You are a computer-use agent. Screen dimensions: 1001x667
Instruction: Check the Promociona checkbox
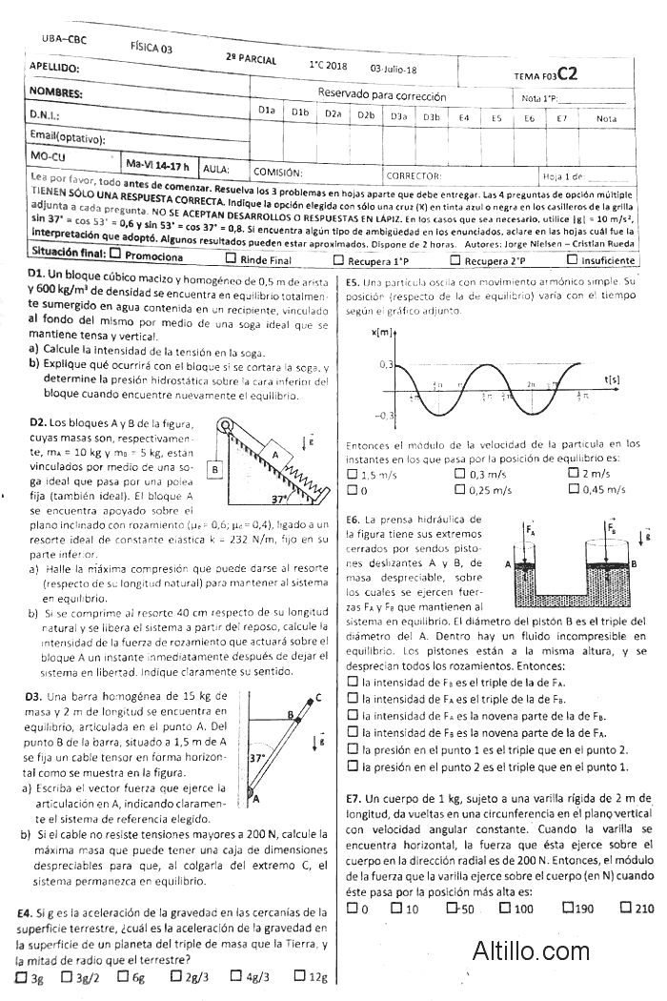[x=115, y=255]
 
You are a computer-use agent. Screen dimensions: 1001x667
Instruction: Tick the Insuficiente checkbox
[x=572, y=259]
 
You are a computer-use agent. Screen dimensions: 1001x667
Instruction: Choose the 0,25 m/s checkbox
[x=460, y=490]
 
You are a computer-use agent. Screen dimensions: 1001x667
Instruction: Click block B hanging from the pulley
[x=216, y=469]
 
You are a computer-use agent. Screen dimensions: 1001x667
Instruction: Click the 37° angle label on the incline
[x=279, y=499]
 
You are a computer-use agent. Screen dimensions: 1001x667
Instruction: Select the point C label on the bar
[x=317, y=697]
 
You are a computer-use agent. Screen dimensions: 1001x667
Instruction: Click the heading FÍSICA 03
[x=152, y=46]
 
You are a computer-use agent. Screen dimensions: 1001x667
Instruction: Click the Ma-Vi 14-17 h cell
[x=157, y=166]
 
